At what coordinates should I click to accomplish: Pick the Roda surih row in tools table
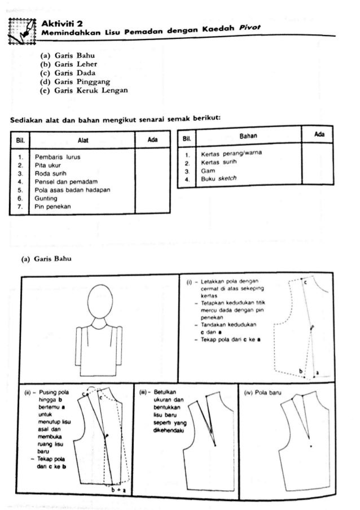[50, 173]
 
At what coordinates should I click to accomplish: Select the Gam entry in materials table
[205, 170]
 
